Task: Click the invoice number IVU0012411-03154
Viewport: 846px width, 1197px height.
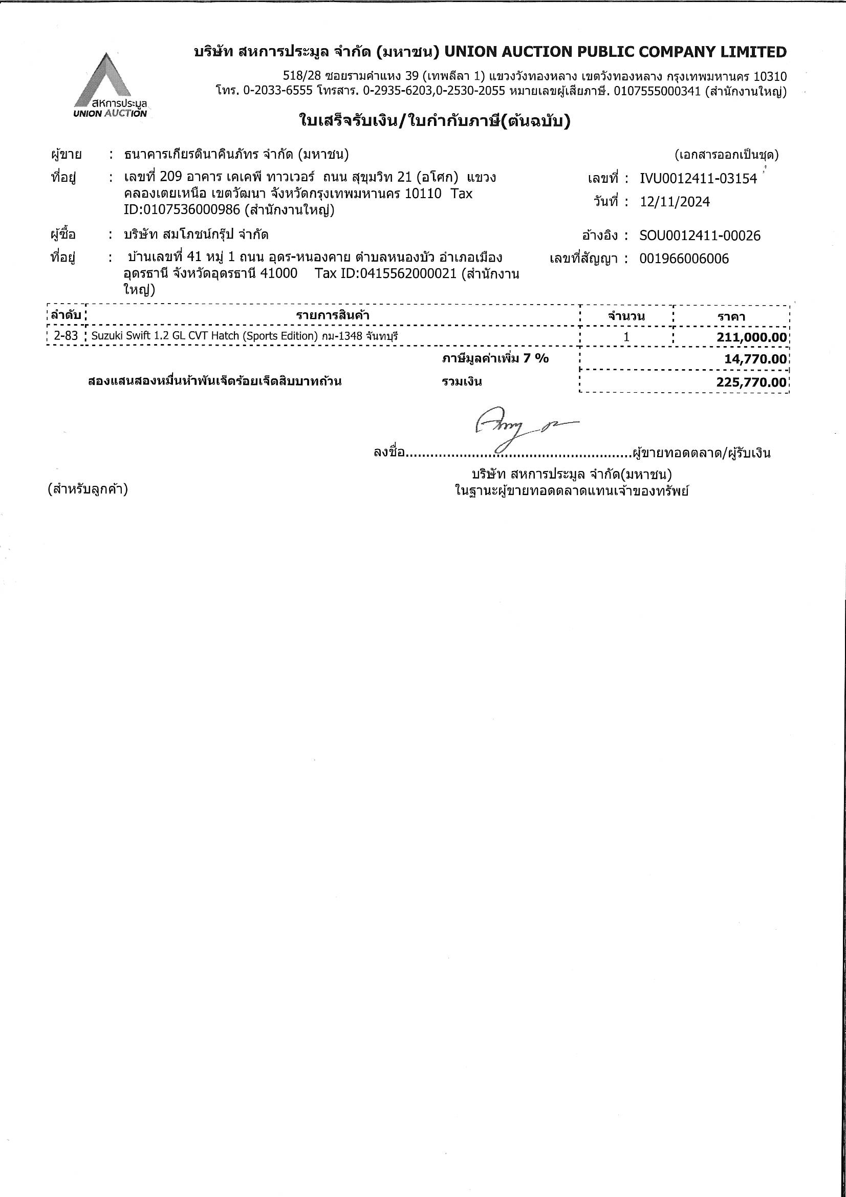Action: click(698, 179)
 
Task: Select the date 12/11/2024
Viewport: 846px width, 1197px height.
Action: click(675, 202)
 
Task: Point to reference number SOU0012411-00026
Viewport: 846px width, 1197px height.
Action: click(700, 236)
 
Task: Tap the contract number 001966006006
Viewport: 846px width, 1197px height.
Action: click(684, 259)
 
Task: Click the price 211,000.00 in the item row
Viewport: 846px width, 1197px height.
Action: click(751, 337)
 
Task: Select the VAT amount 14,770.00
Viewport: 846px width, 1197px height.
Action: click(755, 359)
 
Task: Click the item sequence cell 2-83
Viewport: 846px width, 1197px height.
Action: click(66, 336)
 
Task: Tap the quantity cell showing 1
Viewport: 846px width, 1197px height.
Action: click(626, 337)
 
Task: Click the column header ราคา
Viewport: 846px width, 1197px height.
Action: click(731, 316)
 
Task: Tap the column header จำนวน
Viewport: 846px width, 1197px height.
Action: click(626, 316)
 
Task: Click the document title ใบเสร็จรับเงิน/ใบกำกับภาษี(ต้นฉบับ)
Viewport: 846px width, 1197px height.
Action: click(435, 121)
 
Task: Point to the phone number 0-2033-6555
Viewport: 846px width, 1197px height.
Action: click(278, 91)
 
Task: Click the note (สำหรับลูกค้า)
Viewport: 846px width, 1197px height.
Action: click(88, 489)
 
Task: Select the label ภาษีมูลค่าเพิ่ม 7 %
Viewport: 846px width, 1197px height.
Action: click(495, 359)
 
